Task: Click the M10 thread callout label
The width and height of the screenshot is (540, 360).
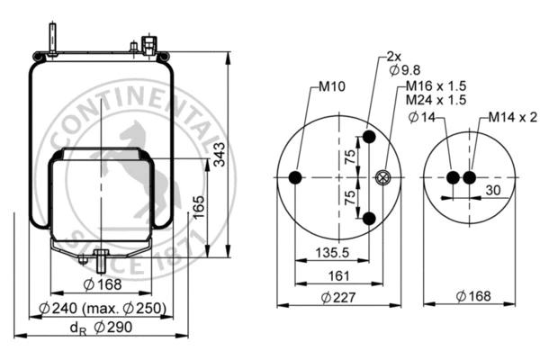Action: point(333,88)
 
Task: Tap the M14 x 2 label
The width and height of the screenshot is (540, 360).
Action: point(513,117)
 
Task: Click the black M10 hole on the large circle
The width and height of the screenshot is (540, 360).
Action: point(295,178)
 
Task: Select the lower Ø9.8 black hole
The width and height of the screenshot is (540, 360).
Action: point(368,218)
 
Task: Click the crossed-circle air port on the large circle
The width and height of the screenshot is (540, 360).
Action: point(384,178)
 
